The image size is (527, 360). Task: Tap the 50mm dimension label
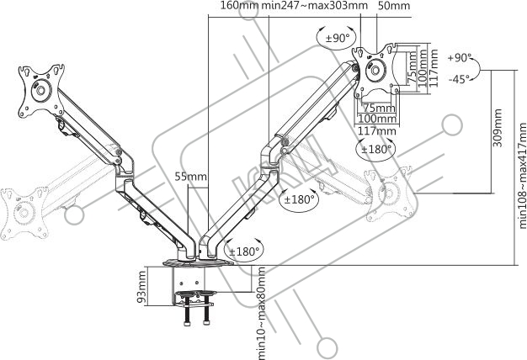point(394,7)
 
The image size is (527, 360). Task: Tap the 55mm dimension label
point(190,177)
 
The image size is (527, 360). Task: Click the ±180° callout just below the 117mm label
point(376,150)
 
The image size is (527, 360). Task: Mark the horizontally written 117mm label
point(376,130)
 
